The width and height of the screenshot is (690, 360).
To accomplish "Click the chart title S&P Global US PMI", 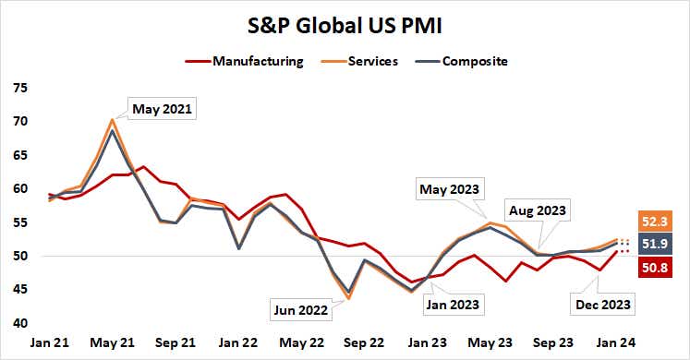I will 345,24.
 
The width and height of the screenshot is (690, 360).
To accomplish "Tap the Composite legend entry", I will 475,62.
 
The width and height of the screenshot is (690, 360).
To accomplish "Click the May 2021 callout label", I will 163,108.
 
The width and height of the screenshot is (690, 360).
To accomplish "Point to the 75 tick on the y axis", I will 20,88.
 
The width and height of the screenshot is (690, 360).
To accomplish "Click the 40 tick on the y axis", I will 20,323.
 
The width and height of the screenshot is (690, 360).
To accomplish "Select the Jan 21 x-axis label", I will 50,341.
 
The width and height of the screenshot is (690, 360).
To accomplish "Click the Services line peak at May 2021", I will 112,119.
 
